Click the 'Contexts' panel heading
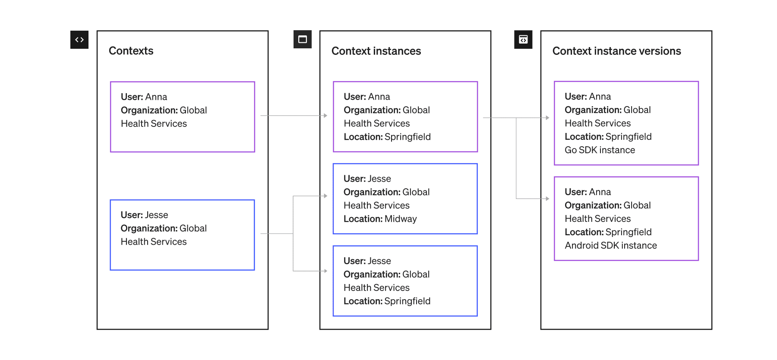131,51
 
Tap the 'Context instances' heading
376,51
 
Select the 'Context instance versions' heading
616,51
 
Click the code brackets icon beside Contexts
79,40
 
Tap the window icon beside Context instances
303,40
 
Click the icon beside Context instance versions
523,40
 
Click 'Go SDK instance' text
600,150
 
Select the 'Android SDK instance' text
610,246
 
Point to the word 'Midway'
401,219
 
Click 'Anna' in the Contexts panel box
156,97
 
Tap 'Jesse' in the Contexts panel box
157,215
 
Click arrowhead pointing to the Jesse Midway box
325,196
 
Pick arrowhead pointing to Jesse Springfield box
325,271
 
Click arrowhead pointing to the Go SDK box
547,118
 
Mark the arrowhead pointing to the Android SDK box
547,199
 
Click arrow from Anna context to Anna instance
294,116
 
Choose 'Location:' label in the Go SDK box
584,137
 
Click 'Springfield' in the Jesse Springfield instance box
407,301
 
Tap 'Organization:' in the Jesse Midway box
372,192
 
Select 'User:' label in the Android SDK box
575,192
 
